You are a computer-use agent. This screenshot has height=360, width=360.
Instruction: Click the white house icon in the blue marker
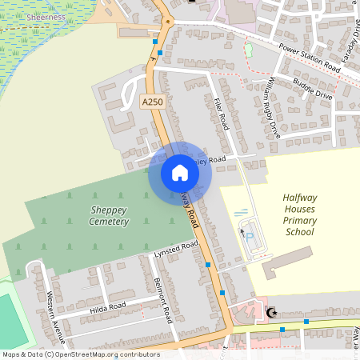click(x=180, y=173)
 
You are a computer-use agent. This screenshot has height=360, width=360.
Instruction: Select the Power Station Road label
click(x=310, y=58)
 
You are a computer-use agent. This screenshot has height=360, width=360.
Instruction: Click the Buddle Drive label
click(x=312, y=88)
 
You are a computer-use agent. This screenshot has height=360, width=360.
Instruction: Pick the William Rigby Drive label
click(x=274, y=108)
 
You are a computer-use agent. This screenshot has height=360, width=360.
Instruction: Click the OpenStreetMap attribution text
click(x=81, y=354)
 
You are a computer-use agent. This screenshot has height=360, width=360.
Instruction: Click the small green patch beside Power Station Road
click(x=249, y=50)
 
